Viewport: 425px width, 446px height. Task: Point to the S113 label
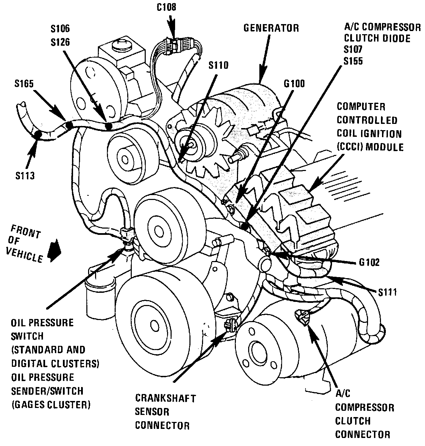pos(25,176)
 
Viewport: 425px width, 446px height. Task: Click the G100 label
pos(294,84)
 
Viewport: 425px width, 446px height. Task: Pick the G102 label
pos(369,262)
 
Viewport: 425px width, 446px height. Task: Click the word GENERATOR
pos(271,28)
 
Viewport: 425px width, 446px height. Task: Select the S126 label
pos(60,42)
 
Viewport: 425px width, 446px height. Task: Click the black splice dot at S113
pos(37,134)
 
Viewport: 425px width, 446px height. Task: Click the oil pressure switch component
pos(127,235)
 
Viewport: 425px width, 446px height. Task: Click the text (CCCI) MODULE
pos(370,147)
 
